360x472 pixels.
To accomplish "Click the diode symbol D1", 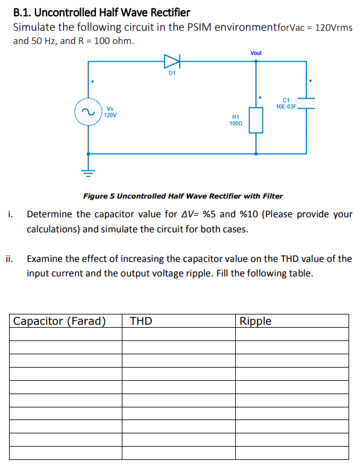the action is coord(172,61).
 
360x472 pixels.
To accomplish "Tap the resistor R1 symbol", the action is coord(256,119).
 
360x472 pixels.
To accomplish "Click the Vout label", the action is coord(256,53).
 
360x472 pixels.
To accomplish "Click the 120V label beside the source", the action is coord(110,114).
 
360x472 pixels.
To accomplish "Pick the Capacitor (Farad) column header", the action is coord(60,321).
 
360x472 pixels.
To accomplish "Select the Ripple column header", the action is coord(256,321).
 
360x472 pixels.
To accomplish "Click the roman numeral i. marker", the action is coord(10,214).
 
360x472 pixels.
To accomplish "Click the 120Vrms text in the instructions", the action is coord(335,28).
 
